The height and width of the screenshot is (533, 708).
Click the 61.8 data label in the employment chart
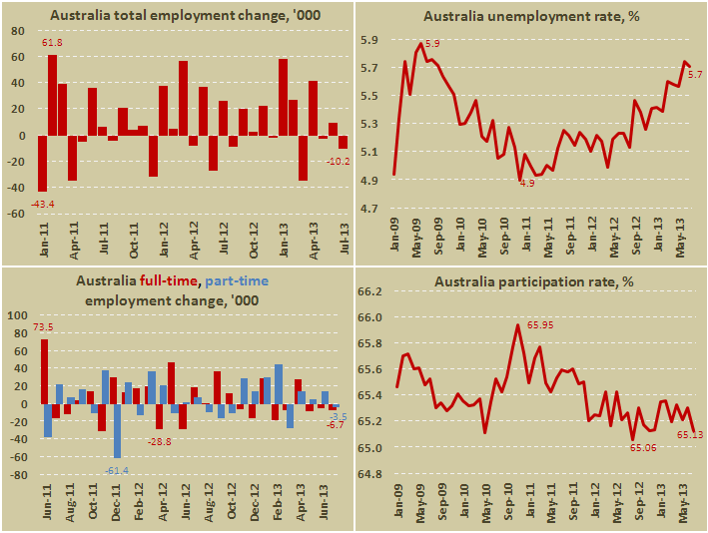(x=52, y=44)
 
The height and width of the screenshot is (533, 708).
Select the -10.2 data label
(x=338, y=161)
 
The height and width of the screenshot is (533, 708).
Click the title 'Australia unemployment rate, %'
(x=530, y=16)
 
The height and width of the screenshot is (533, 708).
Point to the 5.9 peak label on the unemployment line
(x=432, y=44)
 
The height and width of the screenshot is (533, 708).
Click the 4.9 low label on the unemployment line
(x=526, y=183)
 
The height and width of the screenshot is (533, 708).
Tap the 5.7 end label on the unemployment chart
(x=695, y=74)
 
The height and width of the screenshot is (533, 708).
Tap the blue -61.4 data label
(x=119, y=469)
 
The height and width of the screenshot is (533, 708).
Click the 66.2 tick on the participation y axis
(x=369, y=291)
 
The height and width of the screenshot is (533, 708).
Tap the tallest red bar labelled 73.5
(x=44, y=372)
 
